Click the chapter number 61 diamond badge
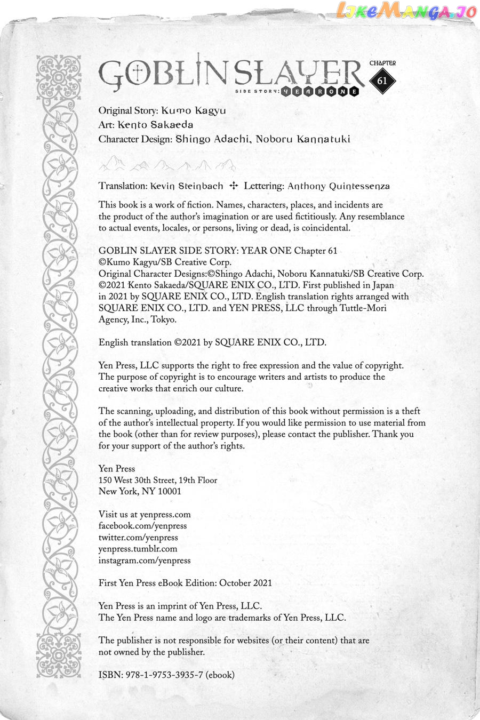tap(382, 81)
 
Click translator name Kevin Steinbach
tap(187, 186)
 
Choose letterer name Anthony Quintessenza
tap(339, 186)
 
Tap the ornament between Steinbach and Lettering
tap(233, 186)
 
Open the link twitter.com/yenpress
tap(138, 538)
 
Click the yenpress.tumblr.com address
tap(138, 549)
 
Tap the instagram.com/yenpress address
tap(145, 561)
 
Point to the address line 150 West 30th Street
tap(140, 480)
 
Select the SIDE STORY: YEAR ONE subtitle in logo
tap(318, 91)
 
